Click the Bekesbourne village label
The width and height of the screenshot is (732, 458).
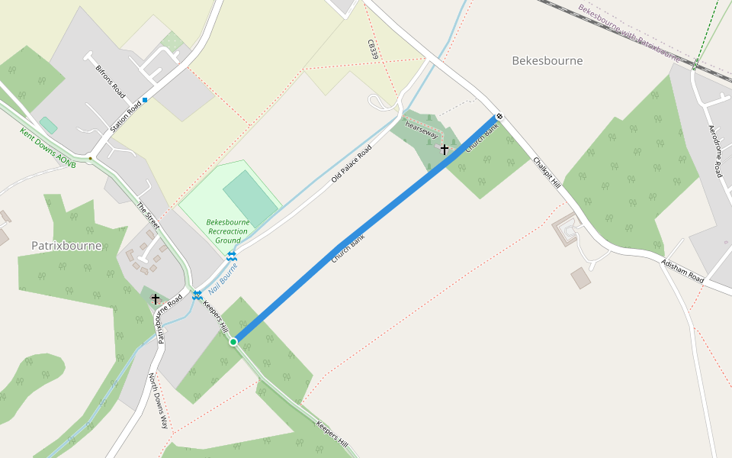(547, 60)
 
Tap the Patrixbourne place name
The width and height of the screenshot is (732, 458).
(66, 246)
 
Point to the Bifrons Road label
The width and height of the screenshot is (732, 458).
(110, 79)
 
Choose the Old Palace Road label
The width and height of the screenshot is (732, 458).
(351, 163)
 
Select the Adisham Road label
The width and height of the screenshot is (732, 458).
(682, 270)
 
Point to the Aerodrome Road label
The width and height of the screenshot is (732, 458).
(718, 152)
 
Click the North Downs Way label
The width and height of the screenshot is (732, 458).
(159, 401)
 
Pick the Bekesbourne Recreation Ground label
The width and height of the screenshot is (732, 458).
(227, 231)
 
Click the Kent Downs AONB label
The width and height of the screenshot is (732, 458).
(47, 143)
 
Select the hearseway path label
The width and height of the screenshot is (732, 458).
(421, 129)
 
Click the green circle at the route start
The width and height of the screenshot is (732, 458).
(233, 341)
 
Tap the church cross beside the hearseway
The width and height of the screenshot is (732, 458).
(444, 150)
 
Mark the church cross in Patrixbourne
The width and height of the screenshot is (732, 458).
(156, 299)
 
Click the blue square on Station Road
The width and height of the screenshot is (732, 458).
(145, 99)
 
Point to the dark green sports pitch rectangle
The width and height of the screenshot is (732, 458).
(252, 198)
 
